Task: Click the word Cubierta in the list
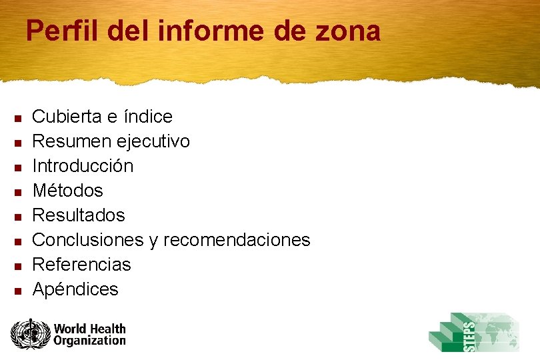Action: click(x=65, y=117)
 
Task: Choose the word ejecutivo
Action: click(x=153, y=141)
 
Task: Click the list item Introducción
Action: click(x=83, y=165)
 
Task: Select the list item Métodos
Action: click(x=68, y=191)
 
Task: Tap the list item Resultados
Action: click(x=79, y=215)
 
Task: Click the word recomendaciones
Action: click(x=237, y=239)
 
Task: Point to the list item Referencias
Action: click(x=82, y=265)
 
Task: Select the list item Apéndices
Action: click(x=75, y=289)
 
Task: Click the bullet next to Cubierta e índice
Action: click(x=19, y=118)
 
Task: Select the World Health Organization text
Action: click(x=89, y=334)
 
